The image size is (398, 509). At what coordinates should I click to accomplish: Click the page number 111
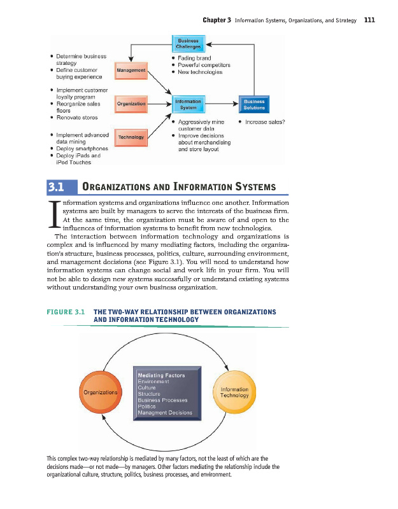pyautogui.click(x=369, y=20)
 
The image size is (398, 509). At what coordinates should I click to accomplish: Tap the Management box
pyautogui.click(x=131, y=69)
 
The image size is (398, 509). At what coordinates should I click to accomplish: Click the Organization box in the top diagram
pyautogui.click(x=131, y=103)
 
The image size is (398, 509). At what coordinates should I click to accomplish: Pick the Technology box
pyautogui.click(x=131, y=136)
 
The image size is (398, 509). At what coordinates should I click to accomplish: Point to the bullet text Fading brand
pyautogui.click(x=194, y=58)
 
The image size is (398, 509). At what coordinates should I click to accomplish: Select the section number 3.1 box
pyautogui.click(x=61, y=186)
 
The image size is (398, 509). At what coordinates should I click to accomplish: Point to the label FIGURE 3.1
pyautogui.click(x=66, y=312)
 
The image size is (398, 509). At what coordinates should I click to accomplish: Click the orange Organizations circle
pyautogui.click(x=100, y=392)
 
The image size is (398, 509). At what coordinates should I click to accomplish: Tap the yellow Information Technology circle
pyautogui.click(x=234, y=392)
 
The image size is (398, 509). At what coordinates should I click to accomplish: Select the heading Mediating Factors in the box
pyautogui.click(x=161, y=375)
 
